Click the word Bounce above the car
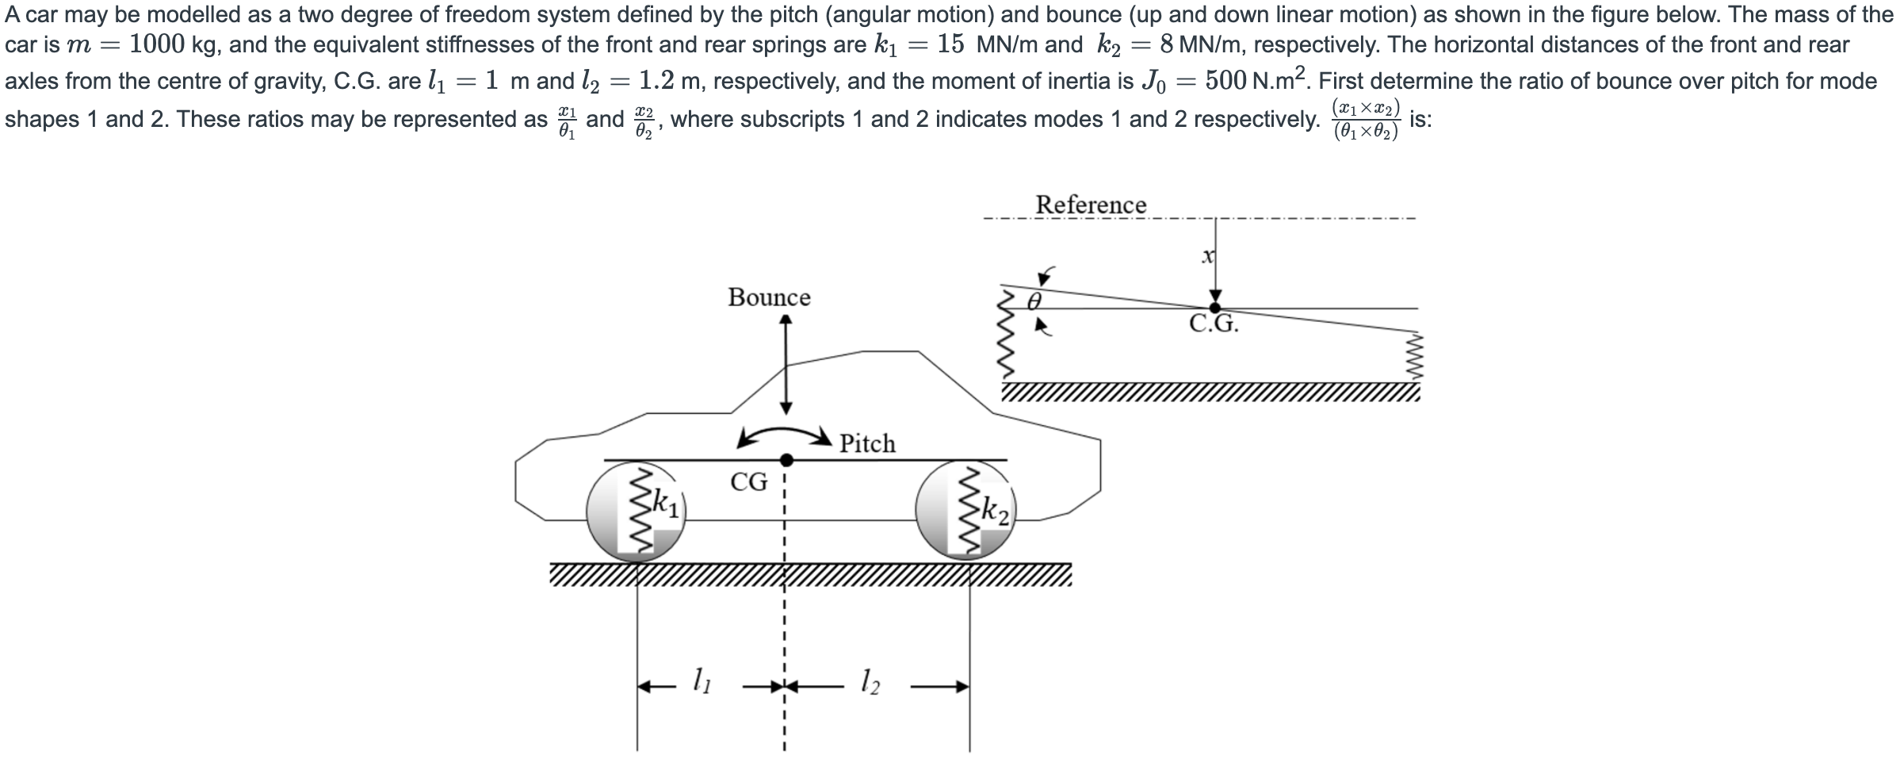[769, 297]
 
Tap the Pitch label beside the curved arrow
[867, 443]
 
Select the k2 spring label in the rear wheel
[995, 510]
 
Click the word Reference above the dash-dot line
[1091, 205]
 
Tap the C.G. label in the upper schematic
[1214, 324]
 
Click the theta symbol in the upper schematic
[1034, 301]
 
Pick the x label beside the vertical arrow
[1207, 256]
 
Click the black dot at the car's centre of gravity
[786, 460]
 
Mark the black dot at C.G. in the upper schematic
[1214, 308]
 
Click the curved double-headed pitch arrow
[783, 435]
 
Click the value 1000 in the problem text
[156, 44]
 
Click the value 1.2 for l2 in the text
[657, 81]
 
